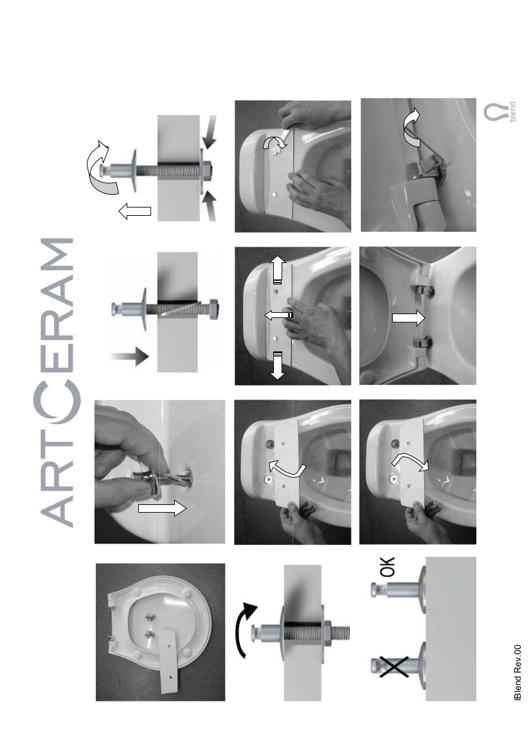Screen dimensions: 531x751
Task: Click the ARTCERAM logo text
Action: pos(57,382)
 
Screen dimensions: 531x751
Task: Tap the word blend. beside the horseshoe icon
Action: pos(513,110)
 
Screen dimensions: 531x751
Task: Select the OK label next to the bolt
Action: pos(387,567)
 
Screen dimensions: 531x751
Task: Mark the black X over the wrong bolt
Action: pos(394,667)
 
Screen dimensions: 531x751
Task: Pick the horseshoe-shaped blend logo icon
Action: pos(494,112)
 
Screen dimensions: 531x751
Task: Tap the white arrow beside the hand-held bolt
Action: pos(161,508)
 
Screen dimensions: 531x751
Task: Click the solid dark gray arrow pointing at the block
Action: pos(129,356)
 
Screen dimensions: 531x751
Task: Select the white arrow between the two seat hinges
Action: pos(408,318)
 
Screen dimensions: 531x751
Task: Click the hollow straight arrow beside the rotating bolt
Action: pos(134,211)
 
